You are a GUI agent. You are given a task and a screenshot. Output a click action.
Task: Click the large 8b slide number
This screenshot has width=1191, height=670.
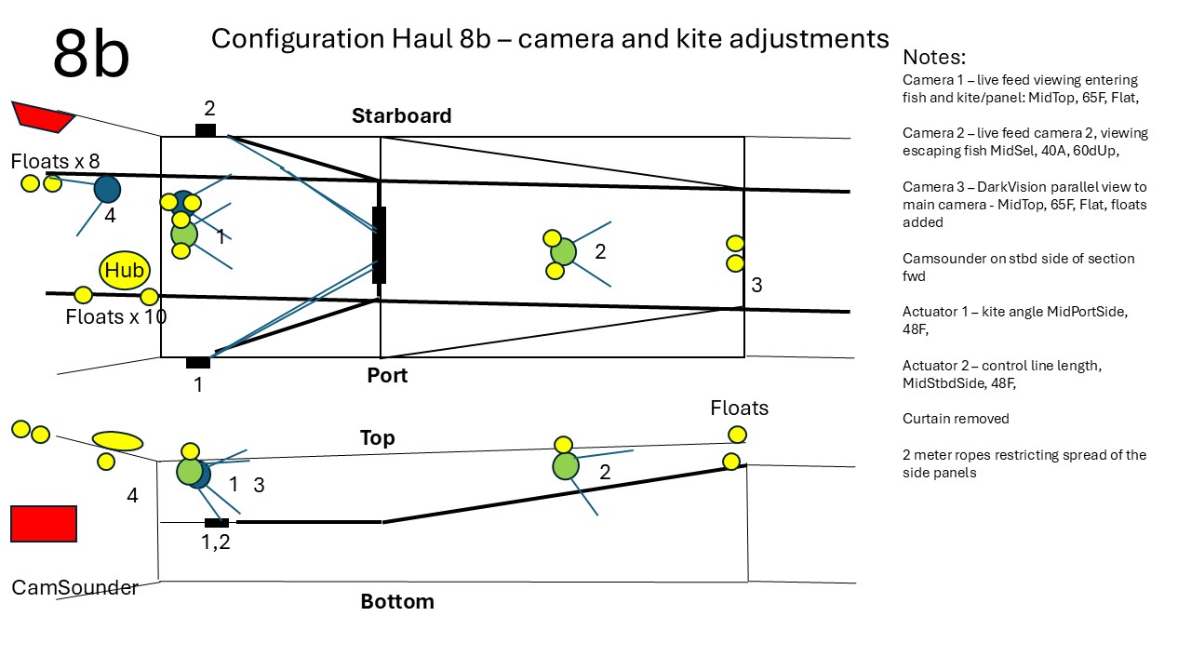point(91,54)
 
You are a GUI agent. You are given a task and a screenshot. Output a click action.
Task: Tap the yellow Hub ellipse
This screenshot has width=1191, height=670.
point(125,270)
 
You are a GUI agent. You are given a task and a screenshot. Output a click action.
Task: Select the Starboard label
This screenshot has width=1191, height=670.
point(401,115)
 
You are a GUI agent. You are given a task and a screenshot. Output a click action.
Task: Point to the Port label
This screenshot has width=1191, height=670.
point(387,375)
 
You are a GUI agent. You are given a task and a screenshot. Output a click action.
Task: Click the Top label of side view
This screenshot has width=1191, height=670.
point(377,437)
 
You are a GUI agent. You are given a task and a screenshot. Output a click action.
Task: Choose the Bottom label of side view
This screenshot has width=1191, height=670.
point(397,601)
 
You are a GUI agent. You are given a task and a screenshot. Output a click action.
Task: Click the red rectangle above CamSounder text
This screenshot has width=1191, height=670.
point(44,523)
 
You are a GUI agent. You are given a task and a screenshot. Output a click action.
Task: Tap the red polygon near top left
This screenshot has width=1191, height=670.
point(42,115)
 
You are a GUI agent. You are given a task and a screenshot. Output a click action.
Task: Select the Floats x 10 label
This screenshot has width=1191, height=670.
point(116,316)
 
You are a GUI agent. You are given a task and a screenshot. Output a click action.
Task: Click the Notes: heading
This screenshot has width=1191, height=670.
point(934,57)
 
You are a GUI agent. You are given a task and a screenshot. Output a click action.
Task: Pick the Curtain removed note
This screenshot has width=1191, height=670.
point(956,419)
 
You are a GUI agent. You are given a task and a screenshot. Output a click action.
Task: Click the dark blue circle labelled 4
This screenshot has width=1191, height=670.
point(108,189)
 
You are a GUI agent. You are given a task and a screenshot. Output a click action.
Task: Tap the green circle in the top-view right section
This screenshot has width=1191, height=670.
point(563,251)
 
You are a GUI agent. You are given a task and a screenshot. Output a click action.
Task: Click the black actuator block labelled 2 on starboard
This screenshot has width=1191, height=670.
point(206,130)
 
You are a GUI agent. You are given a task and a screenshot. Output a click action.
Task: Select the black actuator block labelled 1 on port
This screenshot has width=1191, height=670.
point(197,363)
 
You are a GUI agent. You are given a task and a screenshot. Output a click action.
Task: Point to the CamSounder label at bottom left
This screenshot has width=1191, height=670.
point(74,587)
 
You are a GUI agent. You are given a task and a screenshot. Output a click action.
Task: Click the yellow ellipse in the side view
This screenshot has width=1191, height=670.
point(118,440)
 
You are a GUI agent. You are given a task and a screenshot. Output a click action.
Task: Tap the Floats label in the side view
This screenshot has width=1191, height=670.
point(739,408)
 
